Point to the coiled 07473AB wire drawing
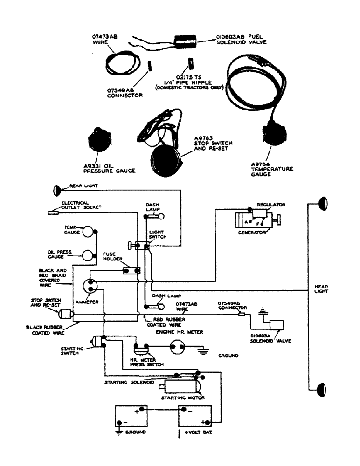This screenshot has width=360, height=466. (118, 65)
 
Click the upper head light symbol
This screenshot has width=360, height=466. (320, 203)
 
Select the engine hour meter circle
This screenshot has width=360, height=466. (178, 346)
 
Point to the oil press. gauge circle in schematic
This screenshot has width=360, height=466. (87, 255)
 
